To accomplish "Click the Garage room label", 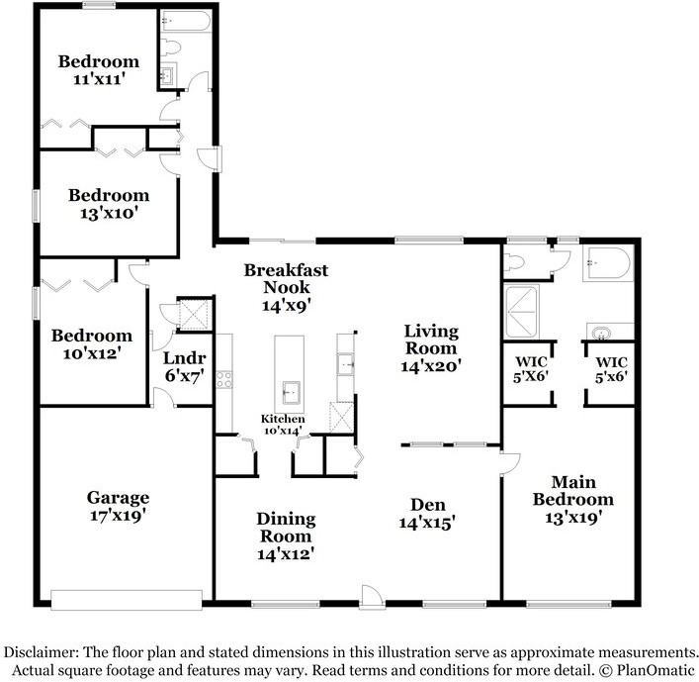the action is [x=118, y=497].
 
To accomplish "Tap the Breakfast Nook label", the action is [x=286, y=278].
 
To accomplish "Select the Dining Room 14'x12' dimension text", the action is [x=286, y=554].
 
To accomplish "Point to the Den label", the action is [x=428, y=505].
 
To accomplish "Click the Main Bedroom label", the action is [x=573, y=491].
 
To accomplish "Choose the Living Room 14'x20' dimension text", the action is [x=431, y=366].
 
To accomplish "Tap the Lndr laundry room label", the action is [x=185, y=358].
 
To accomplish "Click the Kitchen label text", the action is [x=283, y=419].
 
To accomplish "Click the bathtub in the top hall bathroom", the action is [x=186, y=21].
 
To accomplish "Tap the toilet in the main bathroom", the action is [x=513, y=262].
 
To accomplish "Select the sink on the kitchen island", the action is [x=291, y=393].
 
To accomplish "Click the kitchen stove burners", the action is [x=223, y=379].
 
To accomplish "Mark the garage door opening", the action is [x=127, y=600].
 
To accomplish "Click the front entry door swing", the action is [x=372, y=596].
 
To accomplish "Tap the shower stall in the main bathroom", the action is [x=521, y=311].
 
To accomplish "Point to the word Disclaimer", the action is [x=42, y=652].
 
